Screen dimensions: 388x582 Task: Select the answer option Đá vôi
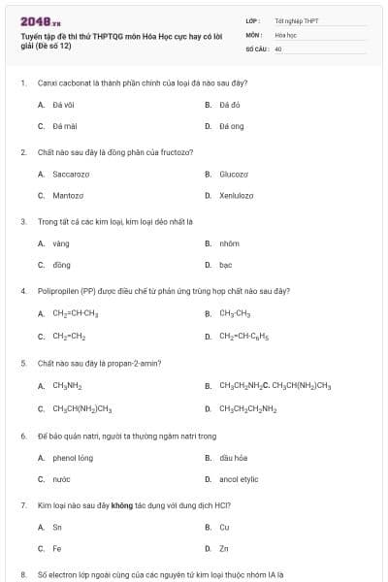coord(64,104)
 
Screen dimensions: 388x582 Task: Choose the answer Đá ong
coord(231,126)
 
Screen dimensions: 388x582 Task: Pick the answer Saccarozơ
coord(71,174)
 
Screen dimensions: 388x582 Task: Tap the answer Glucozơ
coord(234,174)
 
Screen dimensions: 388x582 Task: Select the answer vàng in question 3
coord(61,242)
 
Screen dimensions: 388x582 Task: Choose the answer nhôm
coord(229,242)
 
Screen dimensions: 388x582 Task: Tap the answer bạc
coord(225,264)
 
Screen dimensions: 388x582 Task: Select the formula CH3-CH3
coord(235,313)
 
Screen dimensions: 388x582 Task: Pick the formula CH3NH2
coord(67,385)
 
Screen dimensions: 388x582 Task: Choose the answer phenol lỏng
coord(73,457)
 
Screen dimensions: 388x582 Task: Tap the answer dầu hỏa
coord(233,457)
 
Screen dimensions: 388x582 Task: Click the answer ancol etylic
coord(238,478)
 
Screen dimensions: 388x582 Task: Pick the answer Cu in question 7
coord(224,527)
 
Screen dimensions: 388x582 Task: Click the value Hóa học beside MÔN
coord(285,34)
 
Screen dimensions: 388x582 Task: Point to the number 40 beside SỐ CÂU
coord(278,48)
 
